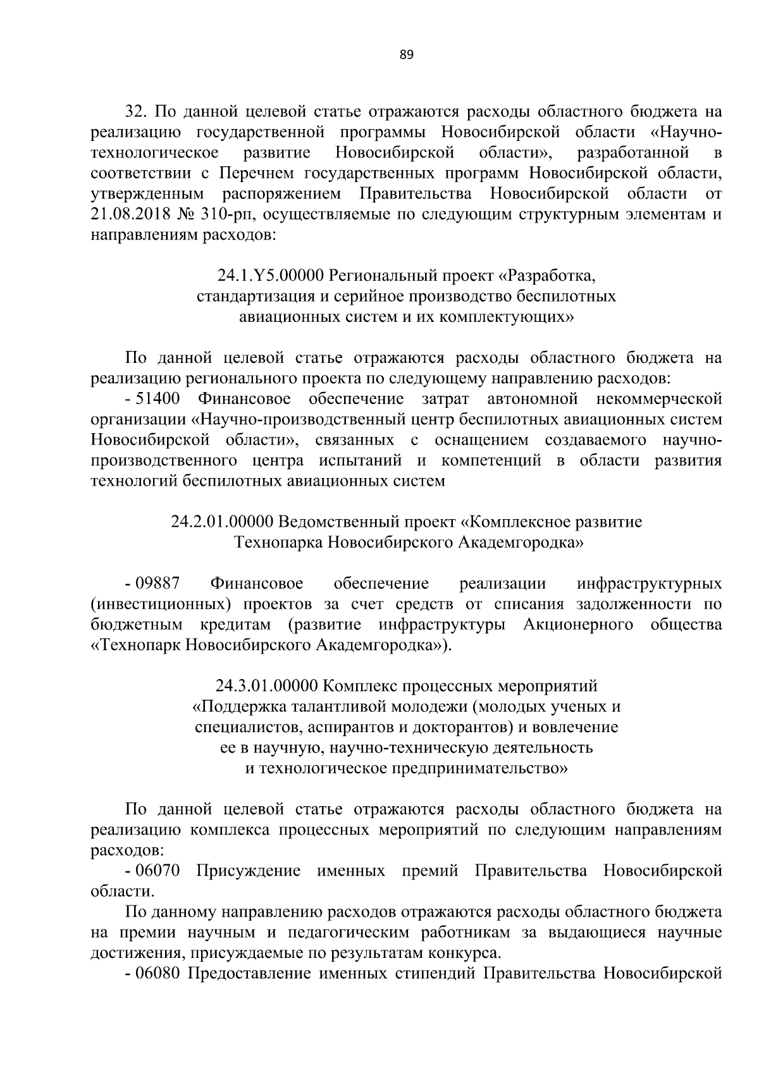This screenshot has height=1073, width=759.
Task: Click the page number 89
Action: click(406, 55)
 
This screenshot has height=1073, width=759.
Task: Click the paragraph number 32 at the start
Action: click(135, 113)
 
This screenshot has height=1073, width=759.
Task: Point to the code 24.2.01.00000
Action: click(222, 522)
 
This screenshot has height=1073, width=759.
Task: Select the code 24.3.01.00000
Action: click(268, 686)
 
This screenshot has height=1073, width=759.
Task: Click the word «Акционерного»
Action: click(579, 625)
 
